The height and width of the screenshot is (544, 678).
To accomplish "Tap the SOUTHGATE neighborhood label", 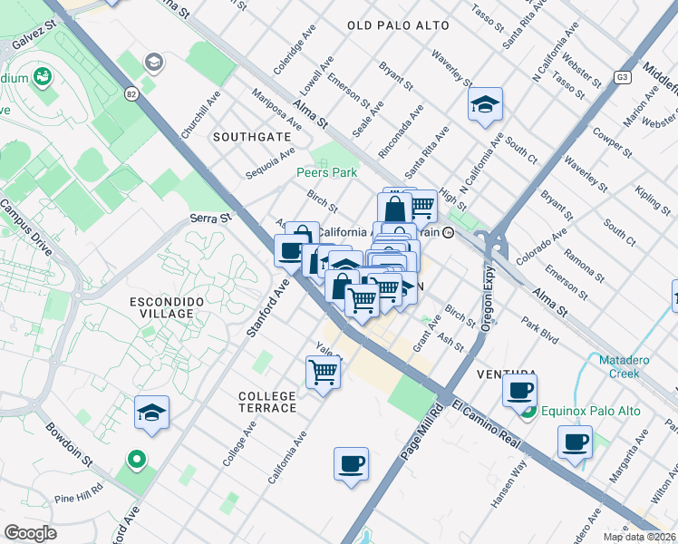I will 252,136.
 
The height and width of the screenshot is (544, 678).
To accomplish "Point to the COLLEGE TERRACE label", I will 267,402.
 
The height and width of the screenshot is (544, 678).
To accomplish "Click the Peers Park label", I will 326,172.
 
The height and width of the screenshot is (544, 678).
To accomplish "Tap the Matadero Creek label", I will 631,366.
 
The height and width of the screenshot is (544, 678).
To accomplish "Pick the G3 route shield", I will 622,77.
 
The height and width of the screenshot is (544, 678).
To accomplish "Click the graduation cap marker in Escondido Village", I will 151,413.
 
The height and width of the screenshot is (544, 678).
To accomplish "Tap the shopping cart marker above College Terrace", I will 324,371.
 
